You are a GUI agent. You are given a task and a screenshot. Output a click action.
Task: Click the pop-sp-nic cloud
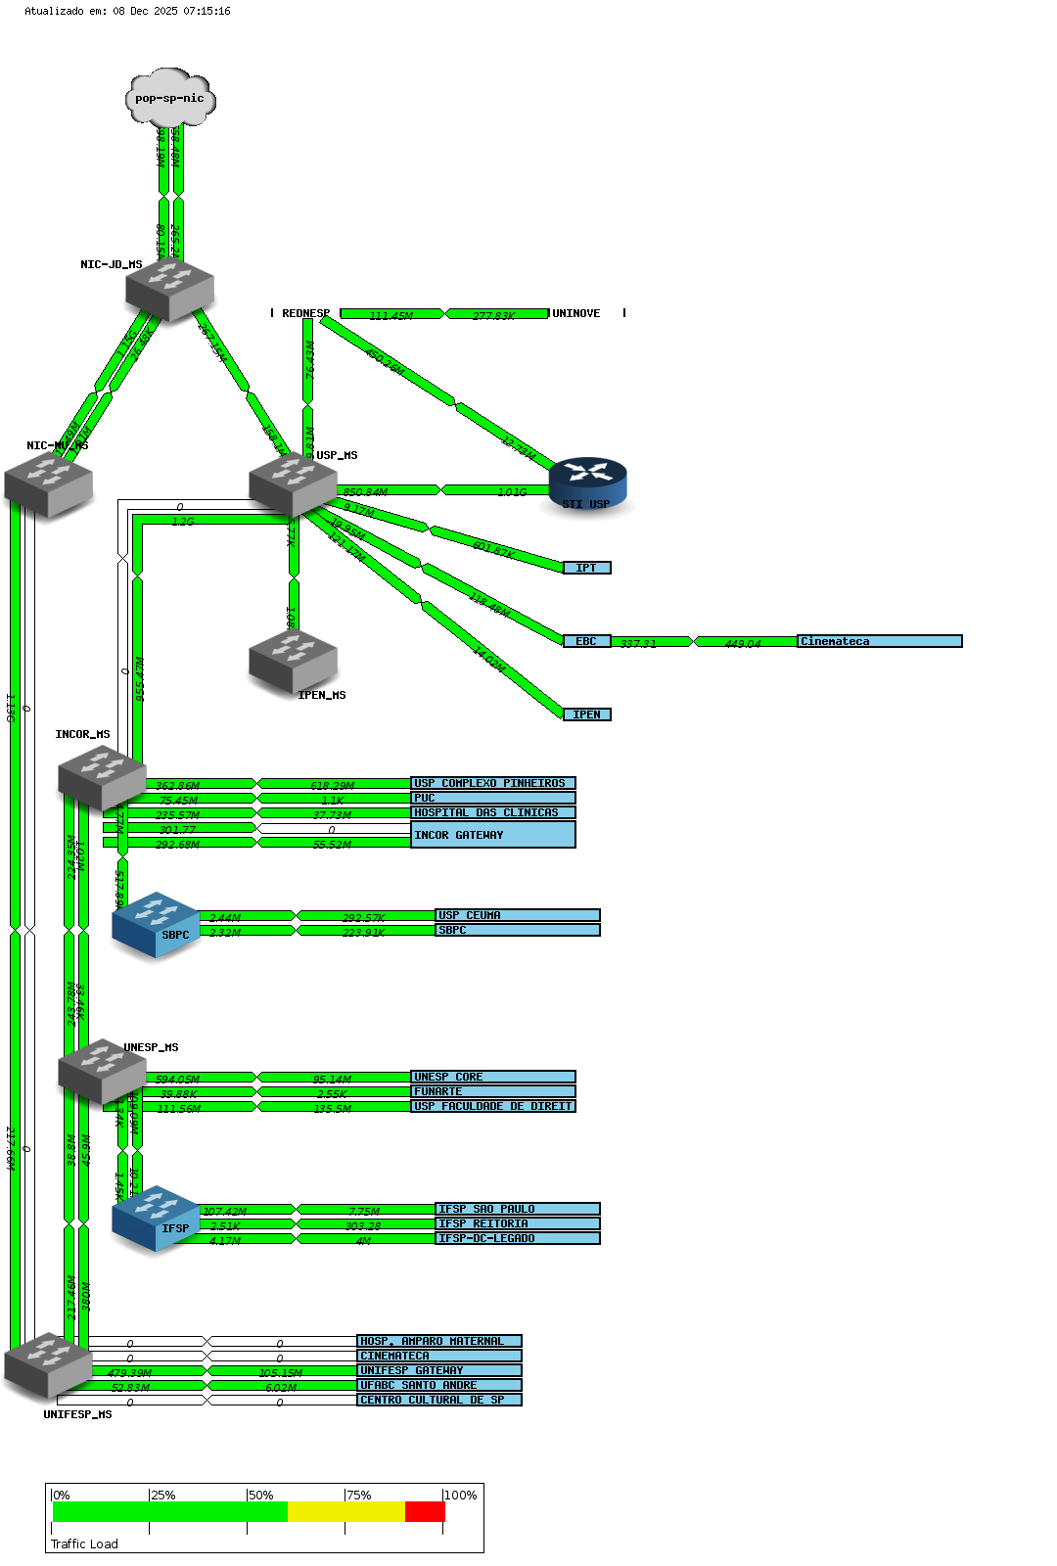170,98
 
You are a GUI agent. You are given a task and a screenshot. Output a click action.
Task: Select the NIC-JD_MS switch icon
170,289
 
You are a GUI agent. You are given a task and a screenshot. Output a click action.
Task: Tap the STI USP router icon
587,483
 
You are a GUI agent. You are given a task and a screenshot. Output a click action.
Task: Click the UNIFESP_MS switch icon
48,1364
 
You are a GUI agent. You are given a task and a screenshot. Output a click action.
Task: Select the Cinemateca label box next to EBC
879,641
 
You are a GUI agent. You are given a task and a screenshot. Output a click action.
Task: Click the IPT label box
586,568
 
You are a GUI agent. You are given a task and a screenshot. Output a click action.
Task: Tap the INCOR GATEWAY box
492,835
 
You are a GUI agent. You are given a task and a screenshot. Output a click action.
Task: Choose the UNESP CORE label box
492,1077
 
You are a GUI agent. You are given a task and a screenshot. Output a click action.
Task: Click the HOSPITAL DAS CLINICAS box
492,812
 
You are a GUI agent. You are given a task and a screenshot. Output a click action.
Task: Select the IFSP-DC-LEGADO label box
517,1238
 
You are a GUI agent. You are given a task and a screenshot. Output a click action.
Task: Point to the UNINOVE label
576,313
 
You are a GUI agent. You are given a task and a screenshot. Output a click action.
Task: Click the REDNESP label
305,313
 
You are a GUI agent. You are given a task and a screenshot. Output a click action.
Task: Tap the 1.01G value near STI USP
512,491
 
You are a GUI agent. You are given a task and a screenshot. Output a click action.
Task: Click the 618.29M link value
332,785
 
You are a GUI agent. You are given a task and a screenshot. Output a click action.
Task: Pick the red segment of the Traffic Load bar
425,1512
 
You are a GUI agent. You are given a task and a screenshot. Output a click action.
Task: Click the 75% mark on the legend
358,1496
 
